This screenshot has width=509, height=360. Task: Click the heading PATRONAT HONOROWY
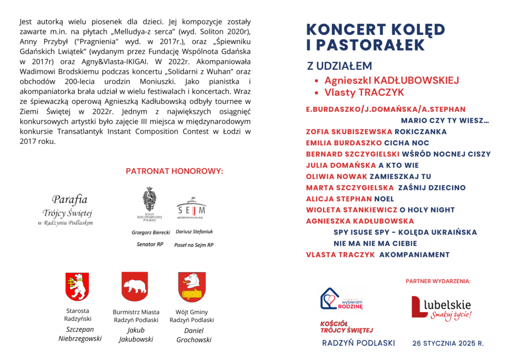coord(174,171)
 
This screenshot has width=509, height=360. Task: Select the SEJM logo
coord(191,208)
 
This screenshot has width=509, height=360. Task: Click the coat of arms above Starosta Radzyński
coord(77,286)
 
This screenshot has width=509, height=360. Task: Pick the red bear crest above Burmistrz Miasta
coord(135,286)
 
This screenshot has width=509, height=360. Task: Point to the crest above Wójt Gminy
coord(192,286)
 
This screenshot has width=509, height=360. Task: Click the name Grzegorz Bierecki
coord(151,232)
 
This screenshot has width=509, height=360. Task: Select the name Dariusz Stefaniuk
coord(194,232)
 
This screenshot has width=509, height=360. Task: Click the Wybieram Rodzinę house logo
coord(341,299)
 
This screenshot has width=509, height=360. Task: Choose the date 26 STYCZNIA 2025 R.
coord(448,343)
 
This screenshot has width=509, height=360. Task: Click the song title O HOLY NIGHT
coord(427,210)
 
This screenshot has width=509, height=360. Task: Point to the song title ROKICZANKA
coord(421,132)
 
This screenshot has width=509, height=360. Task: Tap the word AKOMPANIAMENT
coord(415,255)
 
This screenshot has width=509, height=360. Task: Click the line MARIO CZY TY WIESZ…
coord(445,120)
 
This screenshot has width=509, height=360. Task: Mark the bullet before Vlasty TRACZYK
coord(317,93)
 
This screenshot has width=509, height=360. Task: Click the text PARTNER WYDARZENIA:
coord(438,281)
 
